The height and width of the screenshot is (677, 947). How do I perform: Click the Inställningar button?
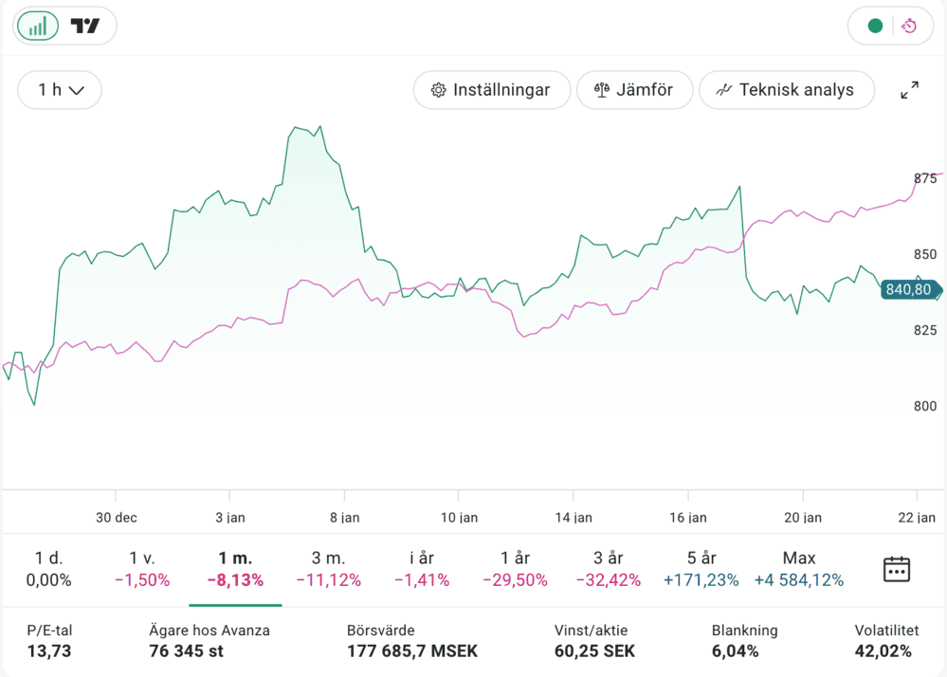491,90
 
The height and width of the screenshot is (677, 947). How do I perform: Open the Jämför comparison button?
633,90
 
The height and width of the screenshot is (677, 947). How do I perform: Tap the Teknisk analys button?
786,90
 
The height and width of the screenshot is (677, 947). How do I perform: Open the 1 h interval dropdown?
60,90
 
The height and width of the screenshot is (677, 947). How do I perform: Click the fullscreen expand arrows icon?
909,90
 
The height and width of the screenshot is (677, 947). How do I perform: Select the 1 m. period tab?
235,569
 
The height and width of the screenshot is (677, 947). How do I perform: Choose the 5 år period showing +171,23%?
702,569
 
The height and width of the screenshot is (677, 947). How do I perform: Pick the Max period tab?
799,569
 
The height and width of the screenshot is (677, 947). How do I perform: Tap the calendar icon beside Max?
896,569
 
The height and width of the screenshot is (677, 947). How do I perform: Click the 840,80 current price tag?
908,290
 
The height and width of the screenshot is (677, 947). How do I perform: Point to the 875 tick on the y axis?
924,179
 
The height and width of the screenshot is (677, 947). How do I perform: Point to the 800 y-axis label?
924,407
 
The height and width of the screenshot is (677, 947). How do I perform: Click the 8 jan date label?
344,518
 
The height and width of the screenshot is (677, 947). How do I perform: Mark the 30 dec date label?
116,518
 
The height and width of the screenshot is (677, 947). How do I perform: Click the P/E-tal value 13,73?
49,651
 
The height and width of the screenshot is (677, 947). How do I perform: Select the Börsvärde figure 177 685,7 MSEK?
412,651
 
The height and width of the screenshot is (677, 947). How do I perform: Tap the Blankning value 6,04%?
736,651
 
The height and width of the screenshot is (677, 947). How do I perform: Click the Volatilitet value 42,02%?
883,651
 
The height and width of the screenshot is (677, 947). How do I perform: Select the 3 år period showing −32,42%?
610,569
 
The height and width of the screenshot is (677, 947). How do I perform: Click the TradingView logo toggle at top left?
85,27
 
